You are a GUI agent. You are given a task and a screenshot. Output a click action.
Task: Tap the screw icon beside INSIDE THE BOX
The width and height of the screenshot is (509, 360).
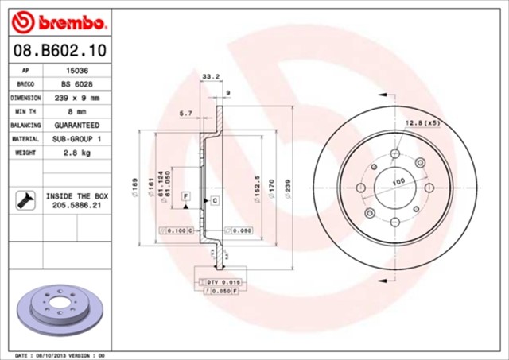tap(23, 199)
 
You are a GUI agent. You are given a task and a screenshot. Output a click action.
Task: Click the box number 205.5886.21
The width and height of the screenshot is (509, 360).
tap(76, 205)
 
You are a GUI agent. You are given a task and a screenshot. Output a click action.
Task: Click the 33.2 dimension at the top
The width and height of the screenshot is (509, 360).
tap(211, 77)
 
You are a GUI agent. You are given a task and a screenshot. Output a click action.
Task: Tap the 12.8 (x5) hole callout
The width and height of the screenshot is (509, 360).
tap(423, 122)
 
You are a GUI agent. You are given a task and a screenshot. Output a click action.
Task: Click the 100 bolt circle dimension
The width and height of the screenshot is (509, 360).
tap(398, 182)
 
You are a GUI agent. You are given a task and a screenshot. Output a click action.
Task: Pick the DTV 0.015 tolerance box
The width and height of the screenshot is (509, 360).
tap(220, 282)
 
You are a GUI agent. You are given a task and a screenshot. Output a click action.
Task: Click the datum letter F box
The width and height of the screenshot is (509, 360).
tap(185, 195)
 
